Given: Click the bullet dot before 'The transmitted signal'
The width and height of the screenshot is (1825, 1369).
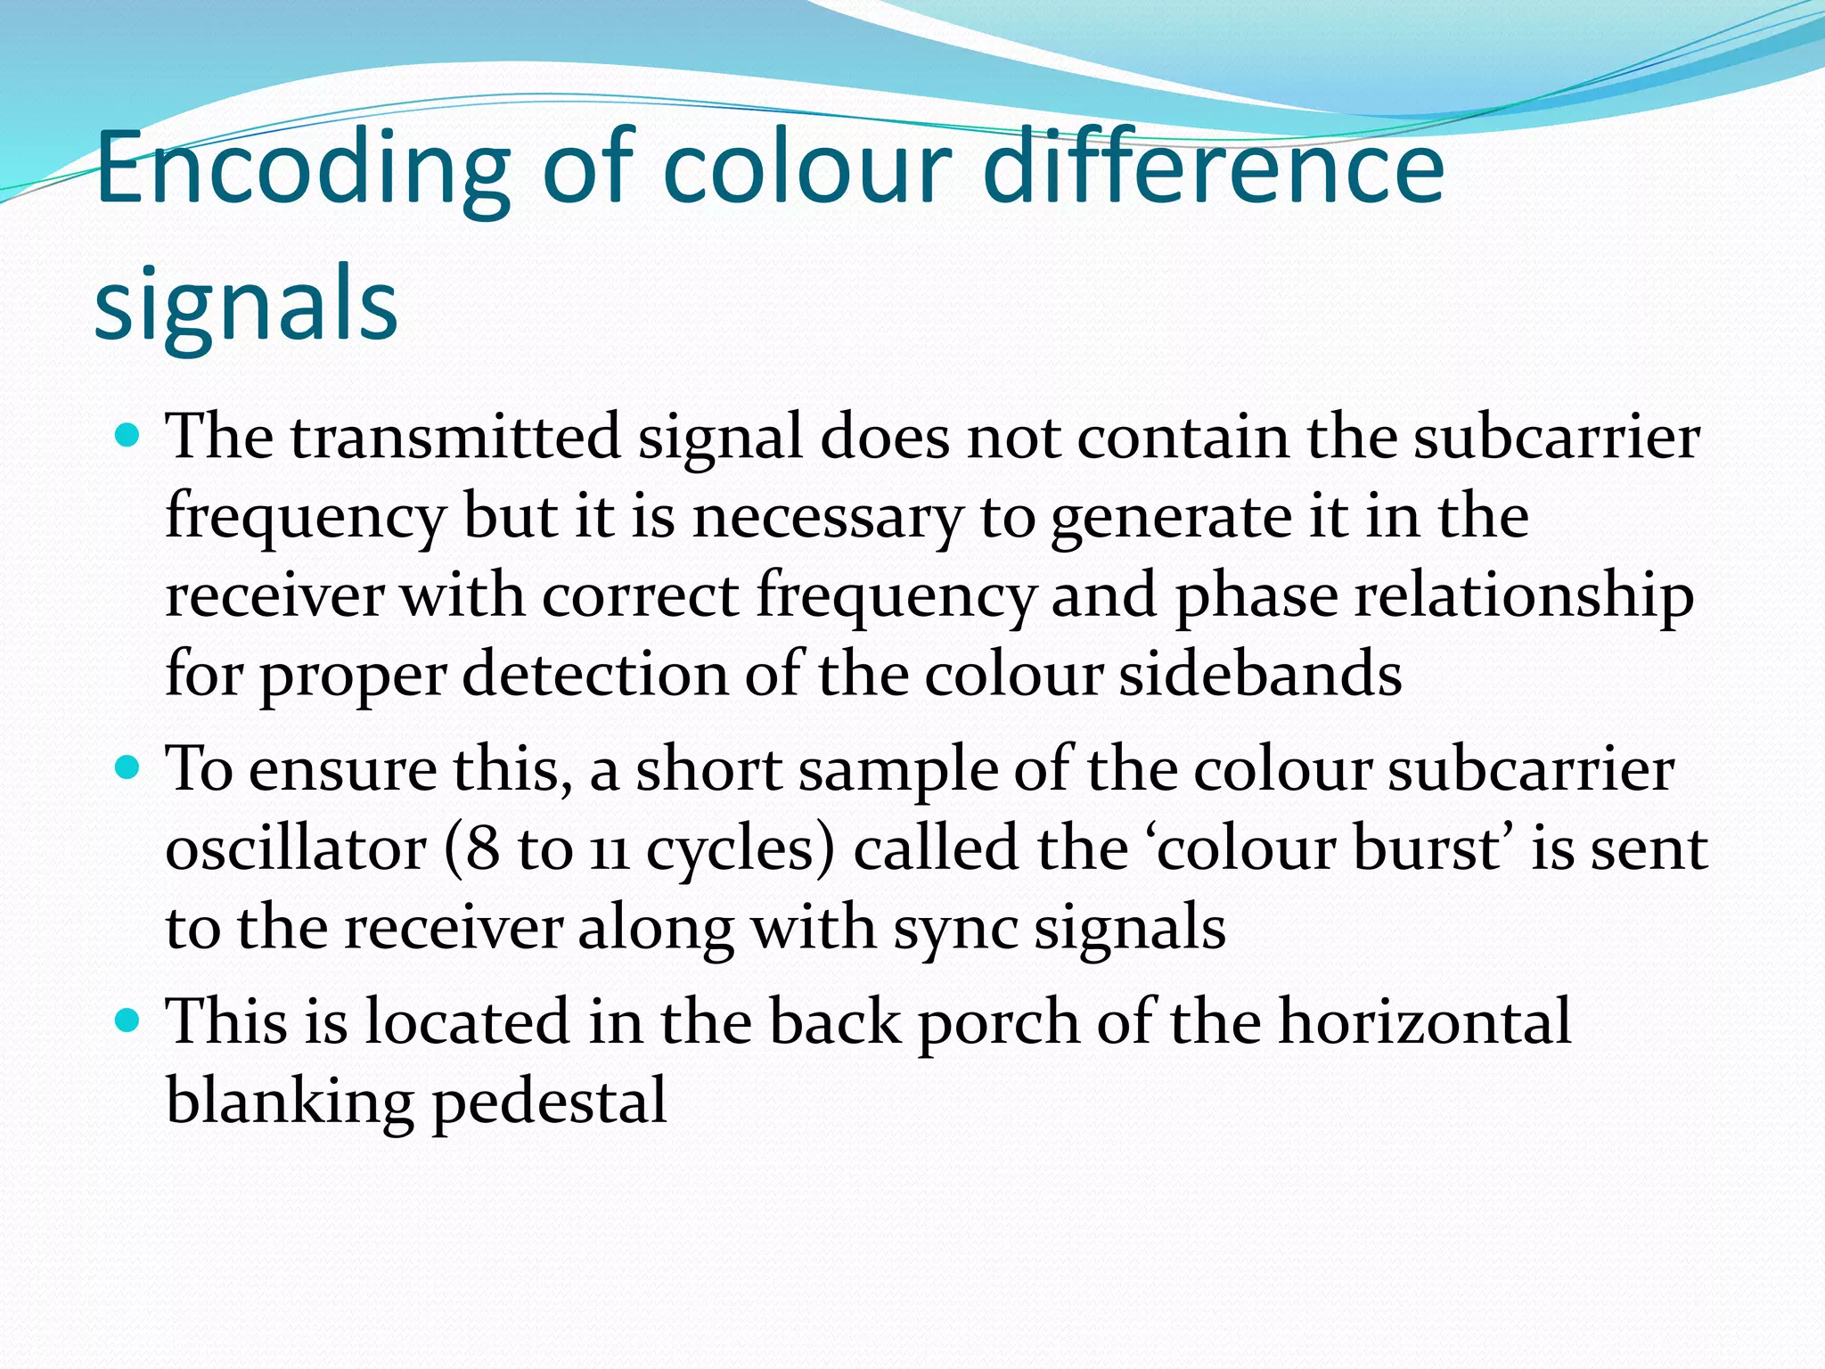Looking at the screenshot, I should [129, 437].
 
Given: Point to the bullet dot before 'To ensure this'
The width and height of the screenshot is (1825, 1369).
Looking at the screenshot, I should [129, 767].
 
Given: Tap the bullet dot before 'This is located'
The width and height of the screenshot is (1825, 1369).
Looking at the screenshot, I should [129, 1021].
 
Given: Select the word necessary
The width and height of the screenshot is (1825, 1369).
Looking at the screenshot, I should [828, 517].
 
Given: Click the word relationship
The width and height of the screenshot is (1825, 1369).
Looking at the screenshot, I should [1524, 596].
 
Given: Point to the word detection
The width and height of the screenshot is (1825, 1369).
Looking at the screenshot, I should [594, 675].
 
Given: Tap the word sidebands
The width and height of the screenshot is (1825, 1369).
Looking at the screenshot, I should [1260, 675].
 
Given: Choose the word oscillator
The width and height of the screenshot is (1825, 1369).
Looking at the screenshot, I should [296, 849].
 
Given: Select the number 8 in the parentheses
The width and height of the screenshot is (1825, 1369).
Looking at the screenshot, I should [482, 849].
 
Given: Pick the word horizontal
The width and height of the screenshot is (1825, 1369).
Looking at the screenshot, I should [1425, 1021].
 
